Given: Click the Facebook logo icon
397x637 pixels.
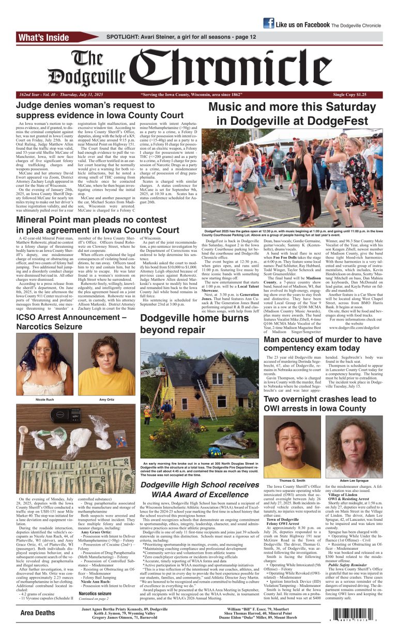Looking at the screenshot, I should (x=268, y=23).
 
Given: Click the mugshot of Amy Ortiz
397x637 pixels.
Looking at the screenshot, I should (x=106, y=363).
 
